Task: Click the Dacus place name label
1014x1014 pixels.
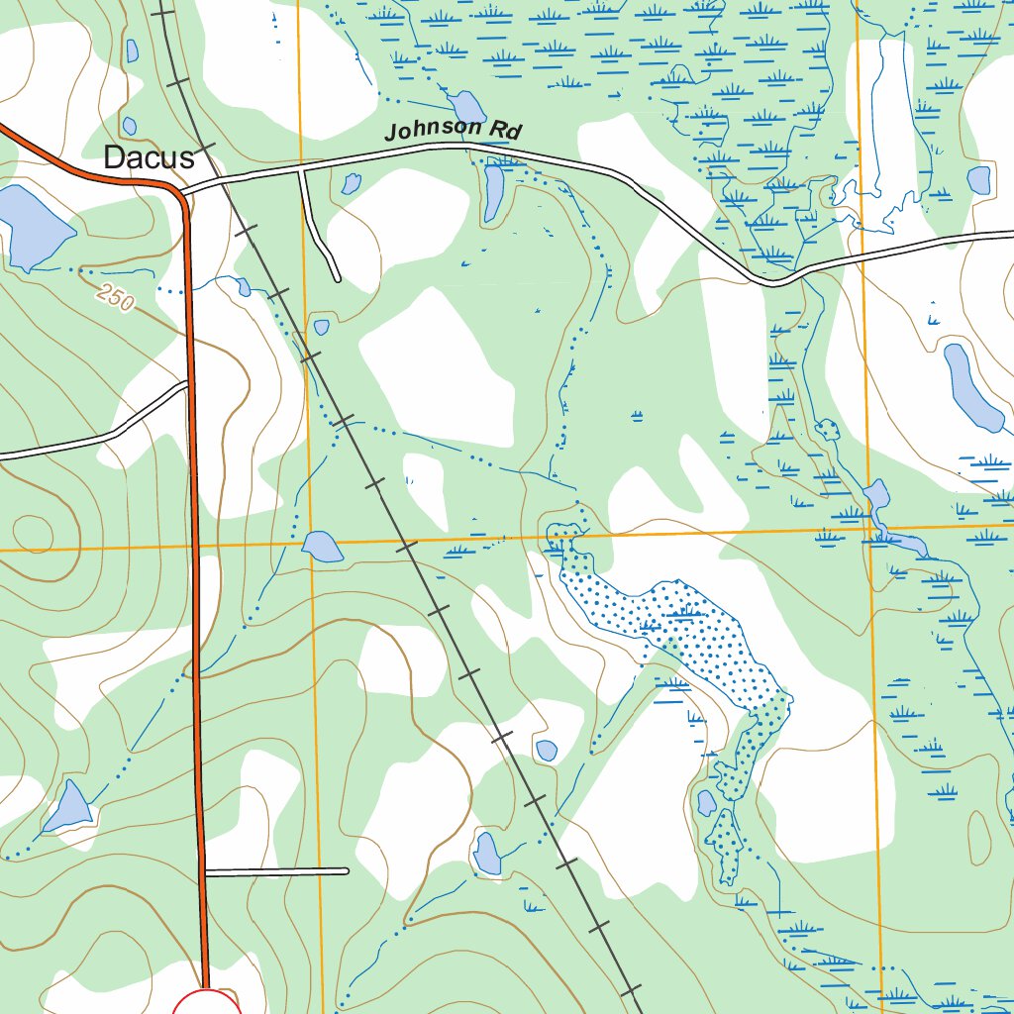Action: coord(149,156)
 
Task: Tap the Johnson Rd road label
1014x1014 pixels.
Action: coord(453,129)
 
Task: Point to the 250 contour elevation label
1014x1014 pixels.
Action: coord(116,297)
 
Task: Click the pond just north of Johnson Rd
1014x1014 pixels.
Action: coord(465,106)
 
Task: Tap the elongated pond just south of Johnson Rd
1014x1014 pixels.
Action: coord(493,193)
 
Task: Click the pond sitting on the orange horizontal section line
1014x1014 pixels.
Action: coord(322,547)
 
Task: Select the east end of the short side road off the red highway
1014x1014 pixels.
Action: coord(347,871)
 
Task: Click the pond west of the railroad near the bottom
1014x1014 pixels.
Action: coord(486,854)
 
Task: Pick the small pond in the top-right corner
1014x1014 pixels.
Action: coord(978,180)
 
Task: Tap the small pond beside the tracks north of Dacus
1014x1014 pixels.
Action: coord(132,51)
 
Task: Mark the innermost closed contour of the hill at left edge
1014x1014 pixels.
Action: coord(35,533)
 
